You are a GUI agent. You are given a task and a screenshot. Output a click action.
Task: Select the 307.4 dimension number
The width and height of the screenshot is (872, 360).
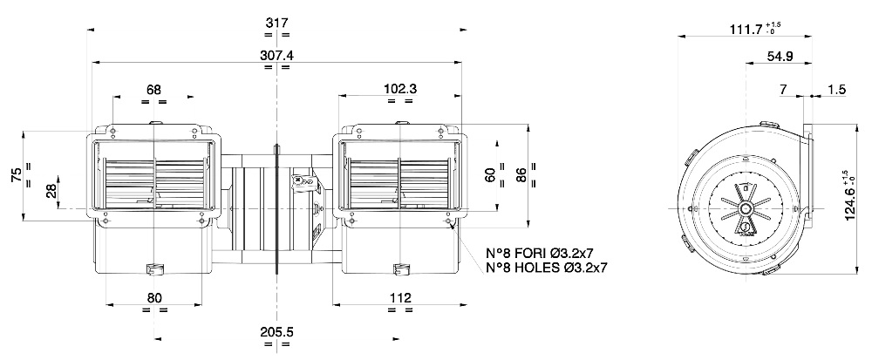click(276, 55)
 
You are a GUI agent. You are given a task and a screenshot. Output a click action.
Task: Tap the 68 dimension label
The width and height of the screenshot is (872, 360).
click(153, 89)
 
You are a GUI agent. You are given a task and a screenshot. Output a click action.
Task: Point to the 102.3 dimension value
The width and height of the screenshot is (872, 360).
click(399, 89)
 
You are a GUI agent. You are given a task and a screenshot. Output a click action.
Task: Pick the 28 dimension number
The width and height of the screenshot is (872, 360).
click(51, 191)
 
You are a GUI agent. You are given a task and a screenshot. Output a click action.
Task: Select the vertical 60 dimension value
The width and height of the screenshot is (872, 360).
click(490, 175)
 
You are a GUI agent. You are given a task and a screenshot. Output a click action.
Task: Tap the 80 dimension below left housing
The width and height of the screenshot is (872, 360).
click(155, 298)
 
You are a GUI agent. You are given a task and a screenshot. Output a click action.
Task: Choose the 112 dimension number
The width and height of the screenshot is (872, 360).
click(399, 298)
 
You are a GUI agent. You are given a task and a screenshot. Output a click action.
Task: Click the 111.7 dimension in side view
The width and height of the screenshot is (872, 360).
click(746, 30)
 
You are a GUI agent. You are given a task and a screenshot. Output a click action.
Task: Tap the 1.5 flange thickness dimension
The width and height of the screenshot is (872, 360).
click(836, 90)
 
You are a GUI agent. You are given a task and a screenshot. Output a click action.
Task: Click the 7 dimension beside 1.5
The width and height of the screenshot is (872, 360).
click(783, 90)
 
